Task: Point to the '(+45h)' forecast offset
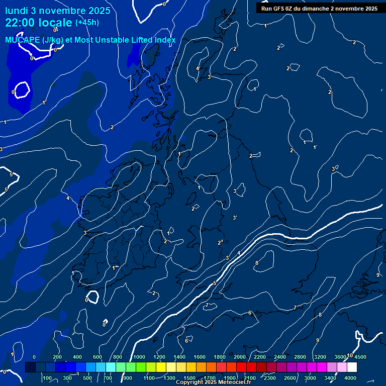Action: [x=87, y=22]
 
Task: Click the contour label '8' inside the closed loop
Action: [x=256, y=263]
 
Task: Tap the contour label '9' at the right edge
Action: [x=378, y=275]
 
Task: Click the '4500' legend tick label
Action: [x=360, y=357]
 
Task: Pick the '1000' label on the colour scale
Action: [x=139, y=357]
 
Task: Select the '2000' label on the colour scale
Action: [x=240, y=357]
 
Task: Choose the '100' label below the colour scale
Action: [x=48, y=378]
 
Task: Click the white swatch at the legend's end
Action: [x=365, y=367]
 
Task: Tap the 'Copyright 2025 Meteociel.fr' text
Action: [x=213, y=382]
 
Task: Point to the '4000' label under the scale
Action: [x=350, y=378]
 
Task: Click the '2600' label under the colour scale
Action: [x=290, y=378]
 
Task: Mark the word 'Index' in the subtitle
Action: [x=164, y=40]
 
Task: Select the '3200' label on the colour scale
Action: [x=320, y=357]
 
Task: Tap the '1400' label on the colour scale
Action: [x=179, y=357]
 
